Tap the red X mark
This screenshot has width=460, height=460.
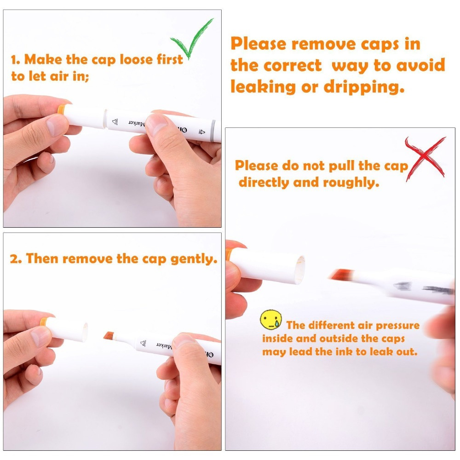[426, 158]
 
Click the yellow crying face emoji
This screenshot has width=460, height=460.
[271, 320]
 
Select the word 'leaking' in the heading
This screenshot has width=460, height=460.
[263, 87]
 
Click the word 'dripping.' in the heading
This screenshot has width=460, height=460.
[364, 87]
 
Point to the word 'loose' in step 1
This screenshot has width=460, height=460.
[137, 59]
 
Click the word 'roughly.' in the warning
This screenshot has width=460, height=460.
[351, 183]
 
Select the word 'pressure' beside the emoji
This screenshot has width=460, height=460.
[397, 326]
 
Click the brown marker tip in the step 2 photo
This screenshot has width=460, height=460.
[109, 336]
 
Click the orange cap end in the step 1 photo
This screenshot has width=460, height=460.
[61, 110]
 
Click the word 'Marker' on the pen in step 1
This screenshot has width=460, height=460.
[137, 123]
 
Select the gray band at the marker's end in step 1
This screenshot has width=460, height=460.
[213, 130]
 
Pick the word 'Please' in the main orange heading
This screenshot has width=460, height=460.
[258, 44]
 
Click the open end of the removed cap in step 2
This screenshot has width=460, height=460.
[86, 332]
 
